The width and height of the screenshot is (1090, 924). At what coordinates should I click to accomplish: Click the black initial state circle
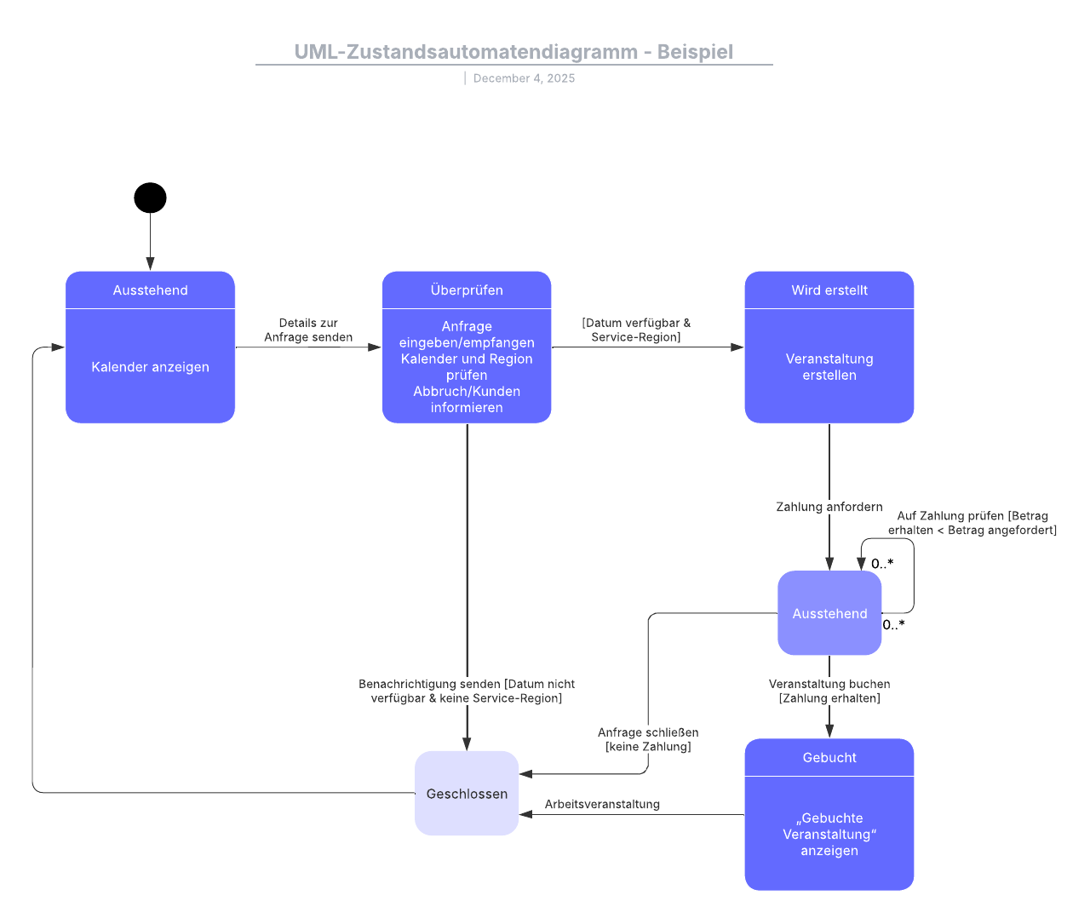(150, 198)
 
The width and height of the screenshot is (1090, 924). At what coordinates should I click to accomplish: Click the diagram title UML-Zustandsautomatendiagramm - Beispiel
(513, 52)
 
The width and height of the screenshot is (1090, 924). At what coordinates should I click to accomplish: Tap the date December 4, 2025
(524, 78)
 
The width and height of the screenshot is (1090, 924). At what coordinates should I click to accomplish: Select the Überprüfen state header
(467, 290)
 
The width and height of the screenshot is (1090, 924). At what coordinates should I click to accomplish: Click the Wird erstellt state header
(829, 290)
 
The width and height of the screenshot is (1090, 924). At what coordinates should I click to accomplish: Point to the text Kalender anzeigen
(150, 367)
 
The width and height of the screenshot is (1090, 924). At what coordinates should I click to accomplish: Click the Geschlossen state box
(467, 794)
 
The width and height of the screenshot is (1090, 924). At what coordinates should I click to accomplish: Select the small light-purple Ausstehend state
(829, 613)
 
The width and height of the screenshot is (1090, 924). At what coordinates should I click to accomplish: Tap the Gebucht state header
(829, 758)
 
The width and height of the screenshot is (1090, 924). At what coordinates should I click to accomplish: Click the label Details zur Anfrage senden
(308, 330)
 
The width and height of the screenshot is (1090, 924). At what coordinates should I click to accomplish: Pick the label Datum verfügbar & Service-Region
(636, 330)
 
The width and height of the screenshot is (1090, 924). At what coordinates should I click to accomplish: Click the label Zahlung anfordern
(829, 507)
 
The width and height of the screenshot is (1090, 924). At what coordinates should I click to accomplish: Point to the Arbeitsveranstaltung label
(602, 804)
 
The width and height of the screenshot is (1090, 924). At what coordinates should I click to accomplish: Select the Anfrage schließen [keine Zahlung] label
(648, 739)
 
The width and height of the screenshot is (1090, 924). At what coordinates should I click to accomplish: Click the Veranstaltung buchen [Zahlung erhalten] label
(829, 691)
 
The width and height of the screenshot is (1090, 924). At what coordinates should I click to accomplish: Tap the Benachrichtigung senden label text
(467, 691)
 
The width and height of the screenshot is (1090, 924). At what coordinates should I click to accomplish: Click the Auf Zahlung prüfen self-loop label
(972, 523)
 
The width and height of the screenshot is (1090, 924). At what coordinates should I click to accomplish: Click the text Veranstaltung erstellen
(829, 367)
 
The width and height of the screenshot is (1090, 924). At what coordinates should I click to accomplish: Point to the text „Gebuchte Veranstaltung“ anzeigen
(829, 834)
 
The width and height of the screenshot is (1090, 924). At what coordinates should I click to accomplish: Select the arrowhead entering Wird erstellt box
(737, 347)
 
